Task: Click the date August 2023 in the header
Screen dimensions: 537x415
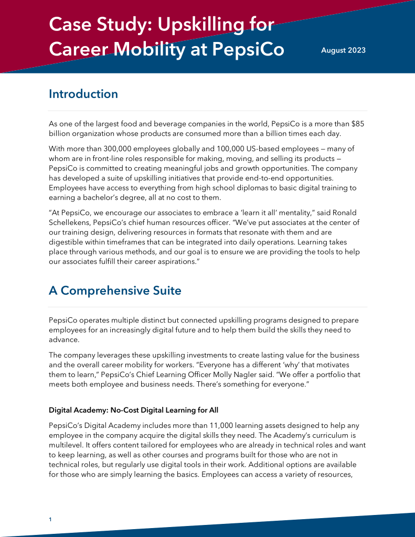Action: click(343, 50)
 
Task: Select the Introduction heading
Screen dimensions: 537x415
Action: click(83, 94)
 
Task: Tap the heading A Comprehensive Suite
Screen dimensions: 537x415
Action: click(115, 290)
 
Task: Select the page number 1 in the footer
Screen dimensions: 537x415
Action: click(50, 519)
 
